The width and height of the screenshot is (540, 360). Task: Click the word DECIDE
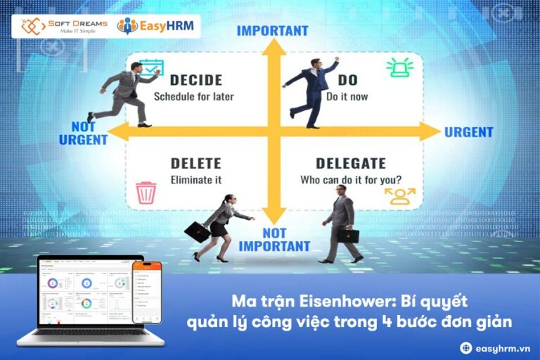pyautogui.click(x=195, y=80)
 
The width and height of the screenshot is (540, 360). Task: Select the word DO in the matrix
pyautogui.click(x=348, y=80)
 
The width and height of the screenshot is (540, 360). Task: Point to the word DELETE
pyautogui.click(x=195, y=163)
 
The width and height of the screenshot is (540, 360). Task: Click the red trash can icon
pyautogui.click(x=146, y=192)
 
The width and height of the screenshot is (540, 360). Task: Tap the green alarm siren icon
pyautogui.click(x=399, y=67)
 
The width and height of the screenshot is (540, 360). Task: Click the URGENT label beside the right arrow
pyautogui.click(x=469, y=132)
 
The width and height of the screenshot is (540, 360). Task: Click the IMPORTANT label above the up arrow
pyautogui.click(x=272, y=31)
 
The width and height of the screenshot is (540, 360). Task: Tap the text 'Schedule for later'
pyautogui.click(x=193, y=96)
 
